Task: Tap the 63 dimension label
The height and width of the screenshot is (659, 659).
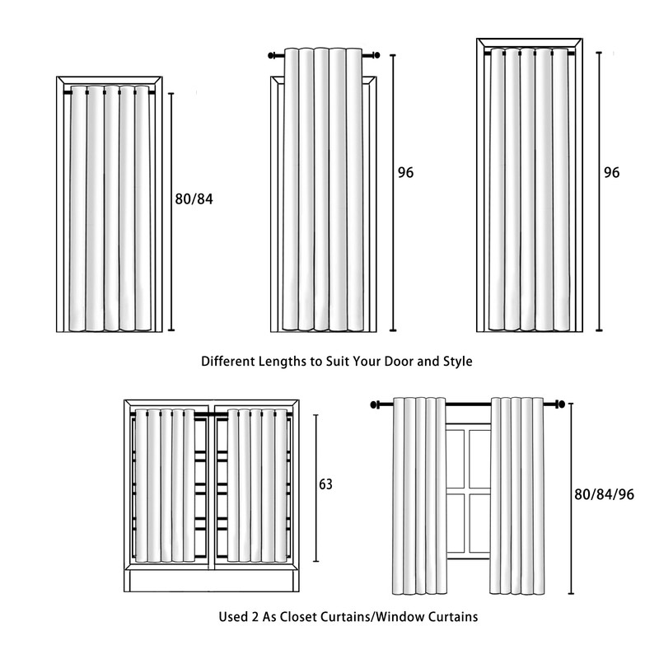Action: click(x=325, y=484)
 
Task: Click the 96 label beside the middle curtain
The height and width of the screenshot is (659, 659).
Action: click(x=404, y=173)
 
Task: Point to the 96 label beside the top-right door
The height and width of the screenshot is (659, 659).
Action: click(x=611, y=173)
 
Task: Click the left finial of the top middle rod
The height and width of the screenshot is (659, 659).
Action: click(x=272, y=56)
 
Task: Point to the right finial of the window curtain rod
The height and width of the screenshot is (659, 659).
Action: click(x=562, y=404)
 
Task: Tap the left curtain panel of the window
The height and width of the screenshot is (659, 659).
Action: click(x=418, y=494)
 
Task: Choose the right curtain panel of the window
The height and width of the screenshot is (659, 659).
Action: click(x=518, y=494)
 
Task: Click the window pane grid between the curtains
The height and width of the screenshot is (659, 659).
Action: click(x=468, y=494)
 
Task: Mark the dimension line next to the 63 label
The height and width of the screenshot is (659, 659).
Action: click(x=313, y=484)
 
